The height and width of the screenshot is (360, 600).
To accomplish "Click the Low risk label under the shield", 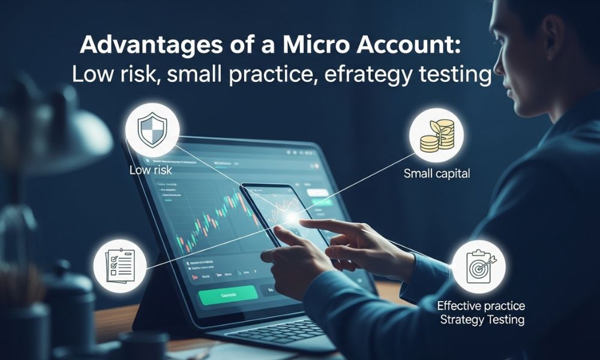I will tap(151, 170).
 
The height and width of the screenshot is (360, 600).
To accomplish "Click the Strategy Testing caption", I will tap(482, 319).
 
